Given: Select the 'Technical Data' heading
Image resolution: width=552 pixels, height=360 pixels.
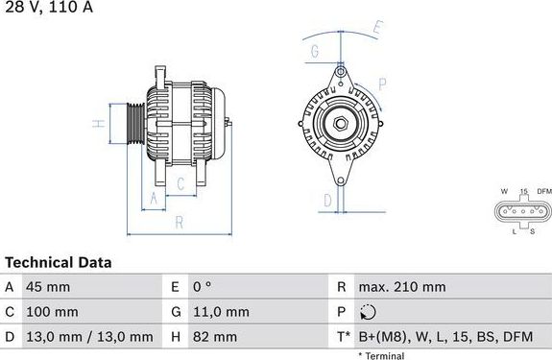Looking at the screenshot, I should coord(59,262).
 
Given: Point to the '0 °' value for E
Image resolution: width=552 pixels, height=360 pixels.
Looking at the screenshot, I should coord(203,287).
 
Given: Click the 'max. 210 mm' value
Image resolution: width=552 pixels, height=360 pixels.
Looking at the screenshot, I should coord(401,287).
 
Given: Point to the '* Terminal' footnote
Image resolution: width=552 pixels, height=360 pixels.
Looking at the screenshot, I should coord(382,355).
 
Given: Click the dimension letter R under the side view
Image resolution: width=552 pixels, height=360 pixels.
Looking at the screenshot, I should coord(180,223).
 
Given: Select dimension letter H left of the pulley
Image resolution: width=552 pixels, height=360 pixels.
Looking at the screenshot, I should coord(98,124).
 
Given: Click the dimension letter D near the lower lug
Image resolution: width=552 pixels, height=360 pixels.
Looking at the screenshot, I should coord(327,200).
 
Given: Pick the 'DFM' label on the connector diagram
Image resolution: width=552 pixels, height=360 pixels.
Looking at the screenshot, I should coord(544,192).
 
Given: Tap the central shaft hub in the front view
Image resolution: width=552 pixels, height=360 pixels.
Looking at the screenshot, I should coord(341,123).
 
